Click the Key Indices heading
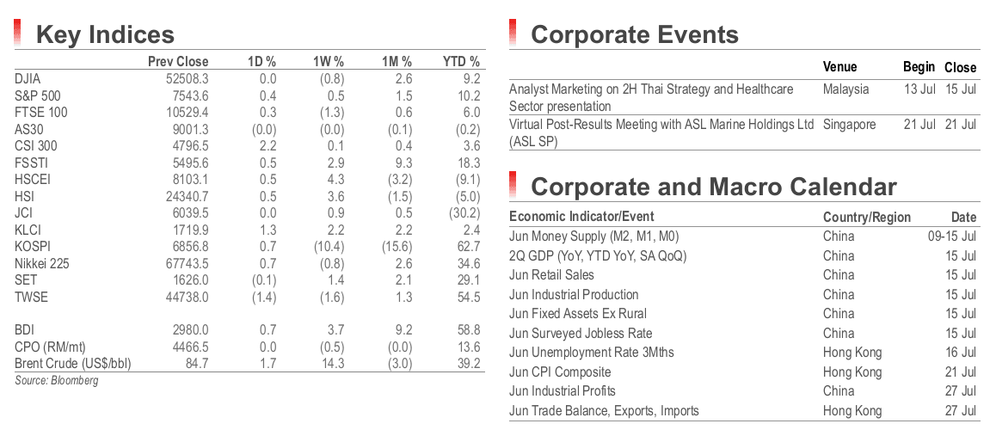(x=105, y=34)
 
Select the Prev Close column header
(x=178, y=62)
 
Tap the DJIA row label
(x=28, y=79)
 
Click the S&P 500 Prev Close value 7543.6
(x=189, y=96)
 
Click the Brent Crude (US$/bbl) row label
(x=72, y=364)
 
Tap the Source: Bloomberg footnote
(x=57, y=380)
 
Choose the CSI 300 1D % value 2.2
(x=267, y=145)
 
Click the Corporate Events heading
(x=635, y=34)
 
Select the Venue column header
(x=839, y=67)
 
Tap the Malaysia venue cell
(x=846, y=89)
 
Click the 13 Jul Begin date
(x=919, y=89)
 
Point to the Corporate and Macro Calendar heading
(x=713, y=187)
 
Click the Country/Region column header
(x=867, y=218)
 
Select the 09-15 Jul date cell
(x=949, y=236)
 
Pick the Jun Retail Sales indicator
(x=551, y=275)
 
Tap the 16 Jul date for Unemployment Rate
(x=960, y=352)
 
